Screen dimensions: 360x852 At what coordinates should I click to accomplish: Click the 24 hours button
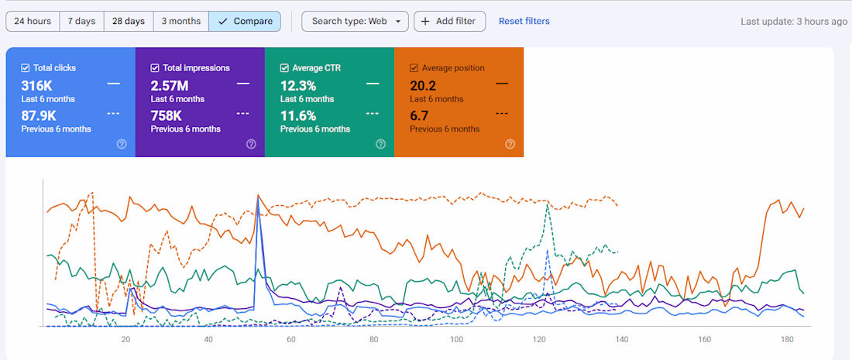(33, 21)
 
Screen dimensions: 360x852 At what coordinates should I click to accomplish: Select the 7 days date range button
(81, 21)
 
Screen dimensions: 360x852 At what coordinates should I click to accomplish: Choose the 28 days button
(129, 21)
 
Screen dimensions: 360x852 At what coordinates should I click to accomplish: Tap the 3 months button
(180, 21)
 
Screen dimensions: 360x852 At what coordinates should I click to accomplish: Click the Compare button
(245, 21)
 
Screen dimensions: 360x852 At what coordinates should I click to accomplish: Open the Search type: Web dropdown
(355, 21)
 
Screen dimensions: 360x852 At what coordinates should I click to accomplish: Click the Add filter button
(449, 21)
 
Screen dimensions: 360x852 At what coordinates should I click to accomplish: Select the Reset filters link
(524, 21)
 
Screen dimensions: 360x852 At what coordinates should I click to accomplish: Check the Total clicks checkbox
(26, 68)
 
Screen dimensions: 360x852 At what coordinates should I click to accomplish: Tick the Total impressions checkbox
(155, 68)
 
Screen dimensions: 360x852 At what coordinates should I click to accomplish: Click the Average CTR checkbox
(284, 68)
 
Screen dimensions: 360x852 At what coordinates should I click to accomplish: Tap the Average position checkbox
(414, 68)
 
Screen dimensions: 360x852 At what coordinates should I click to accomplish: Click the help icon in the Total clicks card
(122, 143)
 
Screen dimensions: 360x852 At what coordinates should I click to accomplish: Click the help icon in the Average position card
(510, 143)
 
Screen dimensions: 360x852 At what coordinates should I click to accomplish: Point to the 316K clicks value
(36, 85)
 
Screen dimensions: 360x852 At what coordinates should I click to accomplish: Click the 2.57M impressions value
(170, 85)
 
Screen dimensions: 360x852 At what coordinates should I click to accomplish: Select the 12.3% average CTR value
(299, 85)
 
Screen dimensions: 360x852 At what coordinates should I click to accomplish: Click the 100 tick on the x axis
(456, 340)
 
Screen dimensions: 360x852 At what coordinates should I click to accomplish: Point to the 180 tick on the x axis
(787, 340)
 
